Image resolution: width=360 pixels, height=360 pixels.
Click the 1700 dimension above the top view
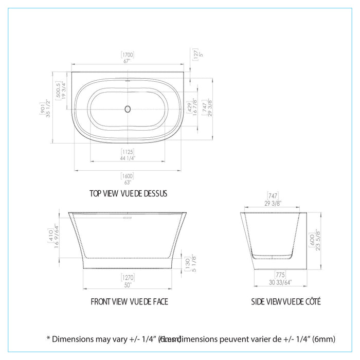pyautogui.click(x=128, y=53)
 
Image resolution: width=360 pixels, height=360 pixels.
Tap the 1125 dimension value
pyautogui.click(x=128, y=151)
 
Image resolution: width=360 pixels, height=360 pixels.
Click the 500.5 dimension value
pyautogui.click(x=58, y=91)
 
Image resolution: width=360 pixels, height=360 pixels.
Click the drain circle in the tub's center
pyautogui.click(x=128, y=109)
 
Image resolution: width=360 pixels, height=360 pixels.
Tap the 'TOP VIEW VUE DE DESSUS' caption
pyautogui.click(x=128, y=194)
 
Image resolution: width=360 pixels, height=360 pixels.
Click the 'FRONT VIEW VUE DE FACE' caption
pyautogui.click(x=129, y=301)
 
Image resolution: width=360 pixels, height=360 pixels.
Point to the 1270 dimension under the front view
pyautogui.click(x=128, y=276)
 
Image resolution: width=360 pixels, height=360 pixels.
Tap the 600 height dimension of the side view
pyautogui.click(x=311, y=239)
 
